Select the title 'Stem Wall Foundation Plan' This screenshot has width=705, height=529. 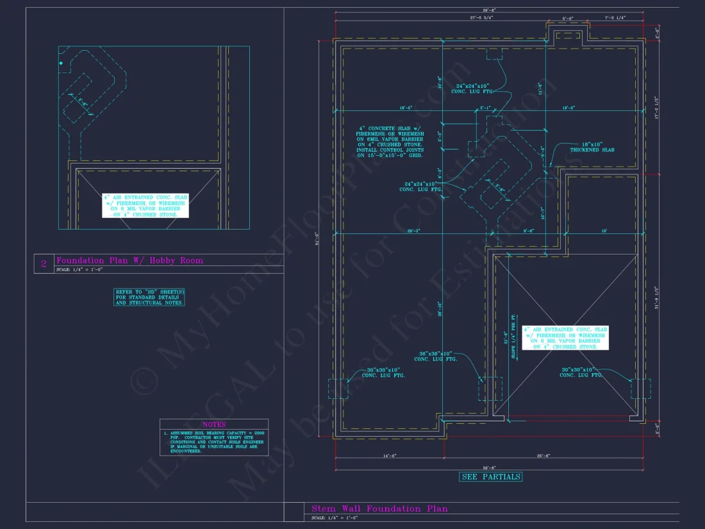379,508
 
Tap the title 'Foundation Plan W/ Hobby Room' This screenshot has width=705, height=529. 129,260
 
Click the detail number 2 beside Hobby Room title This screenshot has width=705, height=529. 44,263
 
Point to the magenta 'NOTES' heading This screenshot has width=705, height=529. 213,424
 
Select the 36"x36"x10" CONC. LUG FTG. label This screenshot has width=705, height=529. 436,356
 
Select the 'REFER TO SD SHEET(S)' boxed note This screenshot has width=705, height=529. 149,297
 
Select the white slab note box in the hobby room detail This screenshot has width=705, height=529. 145,205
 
